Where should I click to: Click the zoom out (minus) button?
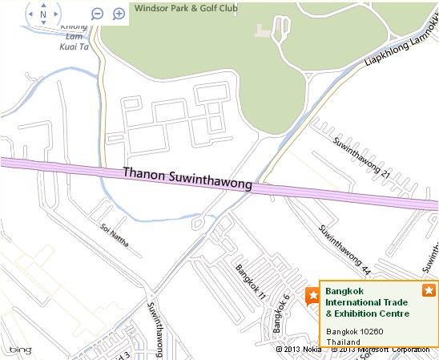(98, 14)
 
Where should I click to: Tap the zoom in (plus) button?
(119, 14)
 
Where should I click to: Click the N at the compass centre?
(42, 14)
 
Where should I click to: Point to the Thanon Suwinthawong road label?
(187, 179)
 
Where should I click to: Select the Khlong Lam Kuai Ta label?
(74, 37)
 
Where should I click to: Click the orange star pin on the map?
(312, 297)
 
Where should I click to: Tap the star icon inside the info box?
(429, 290)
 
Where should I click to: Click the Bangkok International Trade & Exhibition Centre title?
(367, 301)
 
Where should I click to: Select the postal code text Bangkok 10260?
(353, 331)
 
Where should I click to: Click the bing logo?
(19, 350)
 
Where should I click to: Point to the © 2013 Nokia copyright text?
(300, 350)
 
